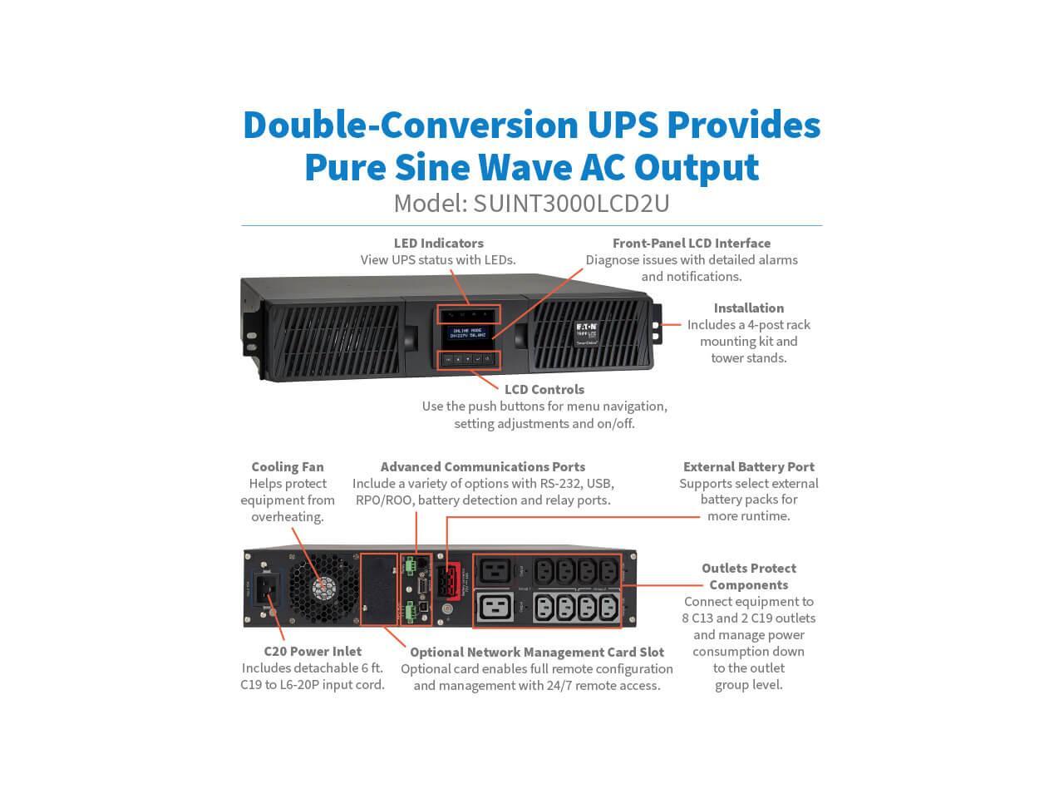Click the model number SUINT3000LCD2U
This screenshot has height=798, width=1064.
571,204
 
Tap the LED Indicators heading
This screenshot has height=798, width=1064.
438,243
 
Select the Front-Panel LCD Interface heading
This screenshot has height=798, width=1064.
691,243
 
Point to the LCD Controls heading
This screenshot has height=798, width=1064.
544,389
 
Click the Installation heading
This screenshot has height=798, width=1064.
748,308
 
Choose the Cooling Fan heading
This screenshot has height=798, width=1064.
288,466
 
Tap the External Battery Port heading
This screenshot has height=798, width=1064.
748,466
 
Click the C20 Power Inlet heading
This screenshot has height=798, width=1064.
313,651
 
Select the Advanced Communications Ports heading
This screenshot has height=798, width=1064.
482,466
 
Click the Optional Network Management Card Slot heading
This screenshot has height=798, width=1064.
537,652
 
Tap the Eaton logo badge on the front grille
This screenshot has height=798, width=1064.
586,332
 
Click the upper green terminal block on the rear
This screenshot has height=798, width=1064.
410,565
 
